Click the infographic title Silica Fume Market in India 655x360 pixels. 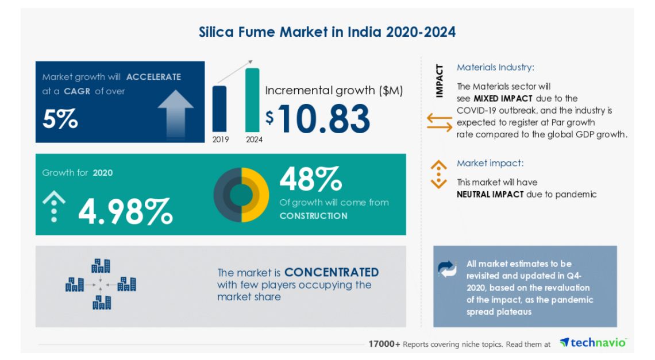[x=327, y=32]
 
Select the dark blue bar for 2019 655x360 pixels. [x=219, y=108]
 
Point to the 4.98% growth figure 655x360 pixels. [x=125, y=211]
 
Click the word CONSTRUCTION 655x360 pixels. [x=313, y=216]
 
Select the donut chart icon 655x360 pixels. [x=241, y=195]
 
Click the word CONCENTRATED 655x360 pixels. [x=332, y=272]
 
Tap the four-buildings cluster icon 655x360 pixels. [x=101, y=284]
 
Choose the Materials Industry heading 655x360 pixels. [x=495, y=68]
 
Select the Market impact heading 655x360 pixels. [x=490, y=164]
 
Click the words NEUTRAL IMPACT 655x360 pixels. [x=490, y=195]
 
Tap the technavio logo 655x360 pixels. [x=593, y=343]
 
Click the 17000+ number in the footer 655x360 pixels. [x=384, y=344]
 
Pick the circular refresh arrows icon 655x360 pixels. [x=447, y=268]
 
